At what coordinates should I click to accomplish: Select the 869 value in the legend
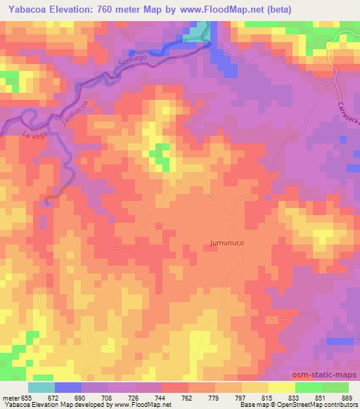(345, 397)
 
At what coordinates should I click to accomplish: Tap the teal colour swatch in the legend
(41, 387)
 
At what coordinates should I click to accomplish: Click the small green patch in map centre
(162, 156)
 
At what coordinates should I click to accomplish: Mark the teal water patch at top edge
(202, 30)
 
